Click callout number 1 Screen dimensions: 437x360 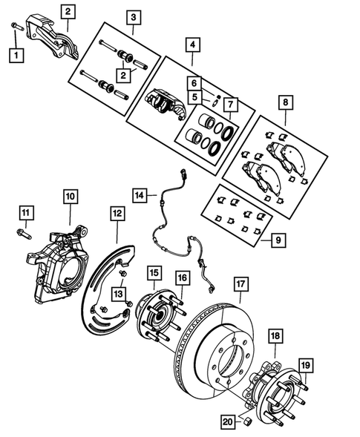point(15,54)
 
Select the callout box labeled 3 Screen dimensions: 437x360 point(134,16)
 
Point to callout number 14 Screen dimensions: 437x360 point(140,196)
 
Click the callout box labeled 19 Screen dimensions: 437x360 point(305,364)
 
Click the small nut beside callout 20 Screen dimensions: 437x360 point(246,421)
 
